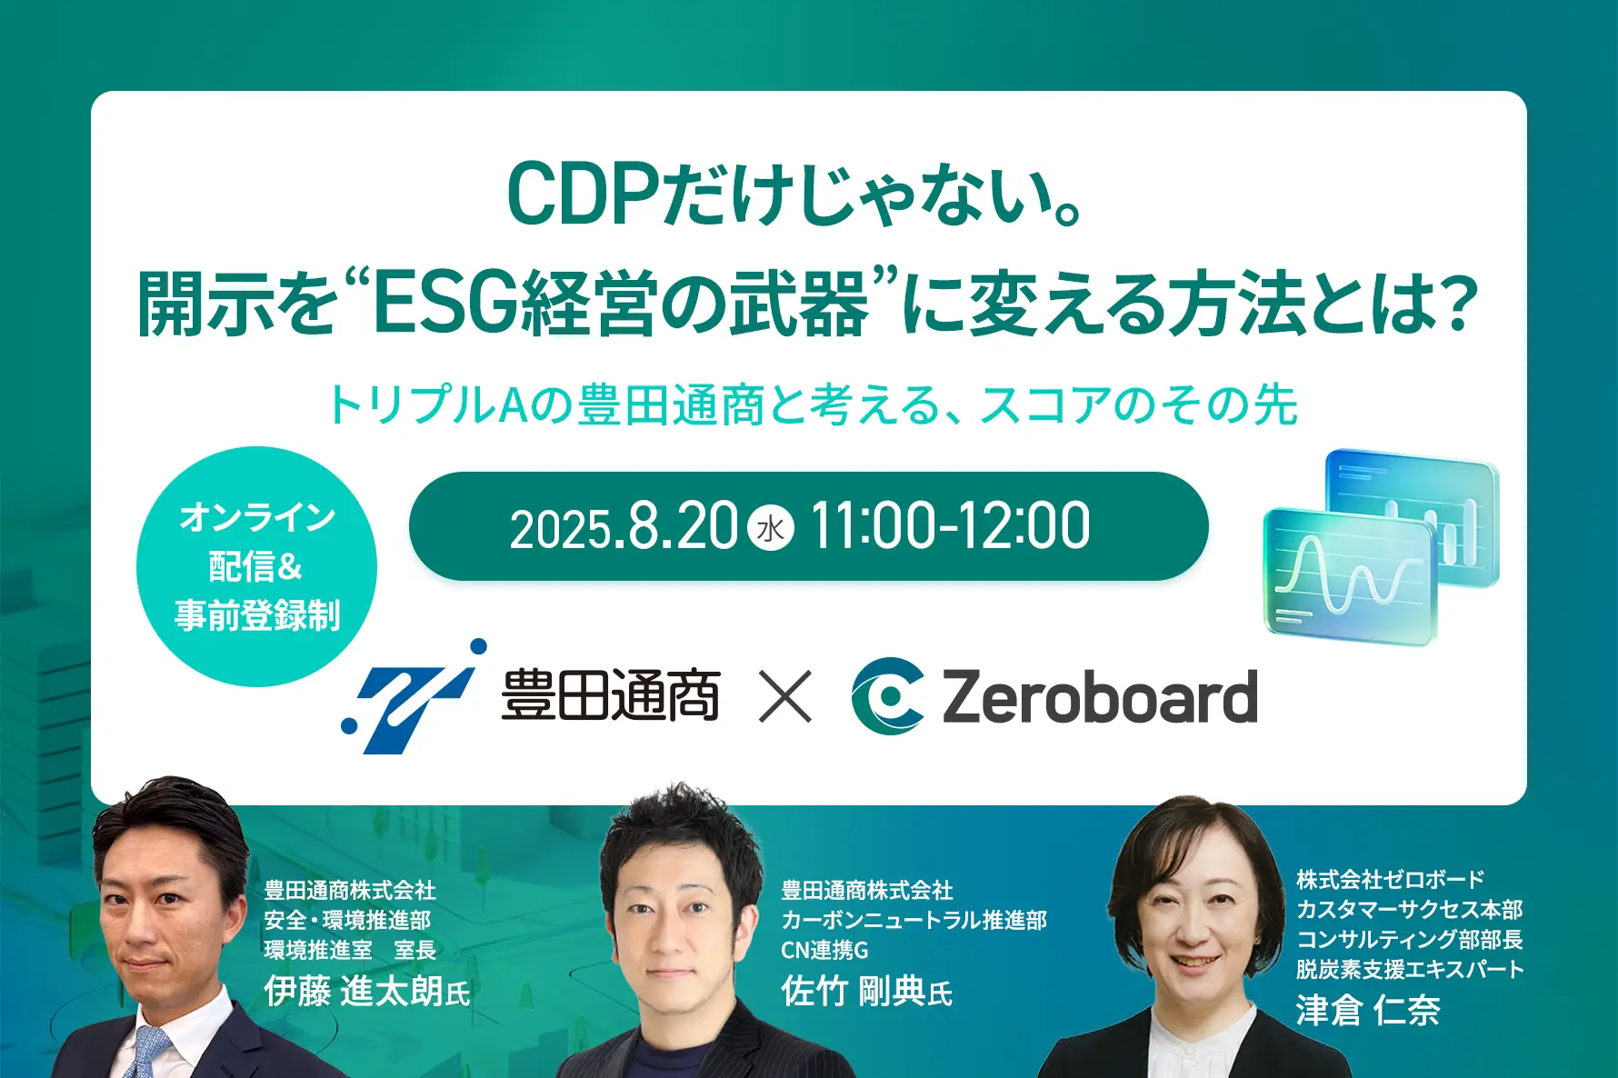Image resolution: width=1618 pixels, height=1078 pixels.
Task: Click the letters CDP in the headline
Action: pyautogui.click(x=582, y=195)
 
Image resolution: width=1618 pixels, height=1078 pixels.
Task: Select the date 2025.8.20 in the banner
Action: pyautogui.click(x=624, y=527)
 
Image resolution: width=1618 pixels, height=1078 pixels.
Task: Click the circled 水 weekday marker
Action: pyautogui.click(x=771, y=528)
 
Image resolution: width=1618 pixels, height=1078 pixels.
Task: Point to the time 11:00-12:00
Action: pyautogui.click(x=949, y=526)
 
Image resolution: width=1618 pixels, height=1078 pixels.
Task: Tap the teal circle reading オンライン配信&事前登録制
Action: pyautogui.click(x=256, y=566)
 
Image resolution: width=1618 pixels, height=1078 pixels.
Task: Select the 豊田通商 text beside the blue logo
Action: pyautogui.click(x=610, y=696)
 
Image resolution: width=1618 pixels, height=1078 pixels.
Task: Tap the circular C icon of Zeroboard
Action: pyautogui.click(x=887, y=696)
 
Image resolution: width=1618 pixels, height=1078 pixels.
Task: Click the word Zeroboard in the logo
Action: pyautogui.click(x=1100, y=697)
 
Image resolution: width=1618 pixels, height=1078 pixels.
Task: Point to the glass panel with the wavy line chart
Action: pyautogui.click(x=1349, y=576)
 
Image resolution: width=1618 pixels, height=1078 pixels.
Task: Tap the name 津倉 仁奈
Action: pyautogui.click(x=1368, y=1010)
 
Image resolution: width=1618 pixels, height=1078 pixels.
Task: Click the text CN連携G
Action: pyautogui.click(x=824, y=950)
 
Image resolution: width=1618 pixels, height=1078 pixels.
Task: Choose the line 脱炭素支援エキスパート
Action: pyautogui.click(x=1410, y=969)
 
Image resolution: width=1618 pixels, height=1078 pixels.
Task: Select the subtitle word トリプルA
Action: pyautogui.click(x=427, y=405)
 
